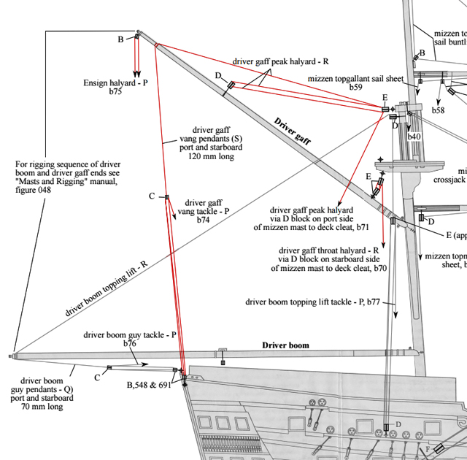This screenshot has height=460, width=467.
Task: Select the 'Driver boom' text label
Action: [x=285, y=345]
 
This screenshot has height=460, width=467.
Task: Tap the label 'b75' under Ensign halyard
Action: [x=115, y=92]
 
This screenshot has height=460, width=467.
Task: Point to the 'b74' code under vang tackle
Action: [x=203, y=220]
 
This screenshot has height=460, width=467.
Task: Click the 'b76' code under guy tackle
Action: [x=130, y=343]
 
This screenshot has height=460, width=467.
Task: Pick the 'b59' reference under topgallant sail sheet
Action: [x=355, y=88]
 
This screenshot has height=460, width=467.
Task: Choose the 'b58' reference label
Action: [x=438, y=110]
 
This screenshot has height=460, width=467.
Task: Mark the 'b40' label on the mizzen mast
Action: [x=414, y=137]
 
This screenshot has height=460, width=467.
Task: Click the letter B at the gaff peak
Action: [x=120, y=39]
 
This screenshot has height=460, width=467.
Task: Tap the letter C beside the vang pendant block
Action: [x=152, y=196]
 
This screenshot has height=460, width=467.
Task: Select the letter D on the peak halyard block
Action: [x=217, y=75]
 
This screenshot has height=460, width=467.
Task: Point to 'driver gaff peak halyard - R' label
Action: [x=281, y=62]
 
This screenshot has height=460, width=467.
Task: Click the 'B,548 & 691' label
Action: [x=148, y=384]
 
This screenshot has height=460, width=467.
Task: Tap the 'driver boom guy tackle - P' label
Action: [x=130, y=334]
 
